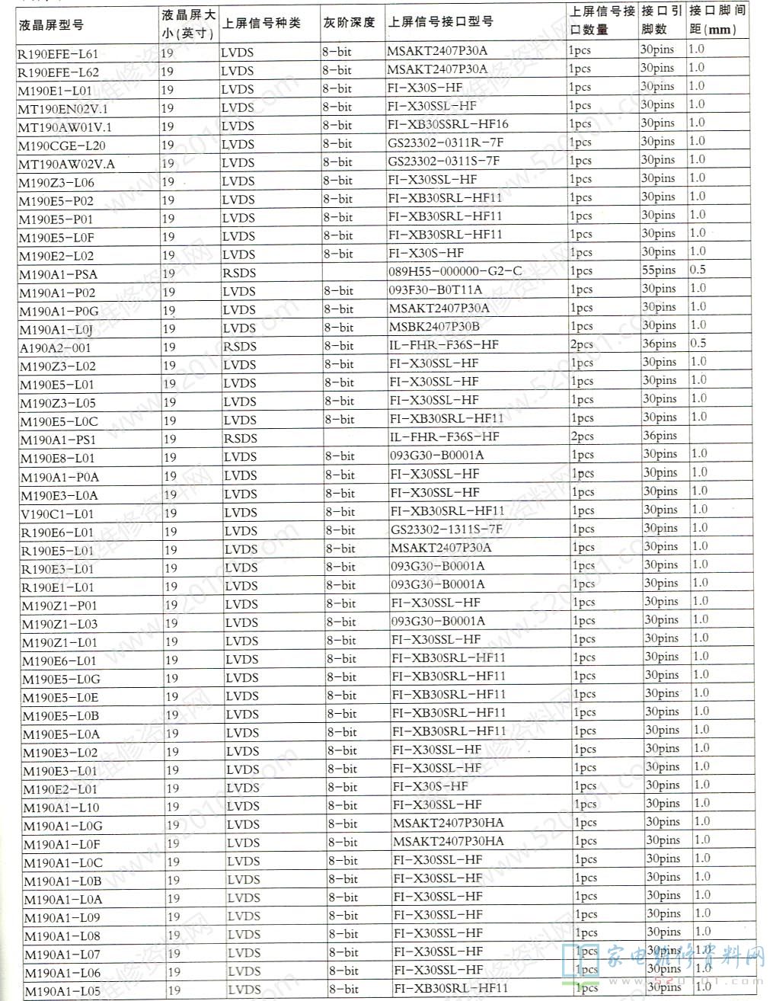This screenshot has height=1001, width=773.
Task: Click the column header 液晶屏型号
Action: click(x=51, y=24)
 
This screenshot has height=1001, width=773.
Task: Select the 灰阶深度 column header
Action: click(x=349, y=23)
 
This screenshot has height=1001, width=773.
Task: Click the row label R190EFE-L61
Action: click(x=58, y=54)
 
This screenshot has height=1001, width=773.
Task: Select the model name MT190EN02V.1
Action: click(x=63, y=109)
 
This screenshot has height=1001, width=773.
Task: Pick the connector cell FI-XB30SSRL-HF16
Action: click(x=448, y=123)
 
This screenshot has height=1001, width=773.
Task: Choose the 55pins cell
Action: click(x=659, y=270)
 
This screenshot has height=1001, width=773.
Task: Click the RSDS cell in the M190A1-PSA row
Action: click(x=239, y=273)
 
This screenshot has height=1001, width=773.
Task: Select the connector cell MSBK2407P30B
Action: click(x=435, y=326)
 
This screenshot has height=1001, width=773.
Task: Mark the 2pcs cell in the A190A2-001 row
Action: click(x=582, y=345)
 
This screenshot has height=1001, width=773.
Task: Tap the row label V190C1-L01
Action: click(x=57, y=514)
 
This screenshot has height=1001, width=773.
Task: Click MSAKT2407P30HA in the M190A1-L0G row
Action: click(x=448, y=823)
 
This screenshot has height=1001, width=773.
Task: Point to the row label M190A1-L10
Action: click(x=61, y=808)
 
